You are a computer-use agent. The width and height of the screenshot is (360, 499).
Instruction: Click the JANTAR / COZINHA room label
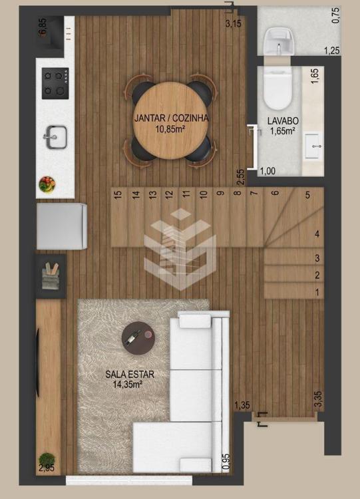point(171,118)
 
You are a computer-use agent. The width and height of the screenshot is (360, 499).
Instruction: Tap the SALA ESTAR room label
point(130,374)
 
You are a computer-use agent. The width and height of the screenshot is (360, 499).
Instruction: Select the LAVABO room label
point(283,121)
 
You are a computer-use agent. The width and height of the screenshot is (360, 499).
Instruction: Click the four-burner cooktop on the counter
point(55,83)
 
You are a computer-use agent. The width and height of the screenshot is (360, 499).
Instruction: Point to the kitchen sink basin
point(56,137)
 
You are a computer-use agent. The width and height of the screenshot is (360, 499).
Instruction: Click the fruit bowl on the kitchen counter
point(47,184)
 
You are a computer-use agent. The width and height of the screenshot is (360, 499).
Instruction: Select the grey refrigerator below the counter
point(62,226)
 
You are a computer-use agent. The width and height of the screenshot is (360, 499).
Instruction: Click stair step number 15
point(119,217)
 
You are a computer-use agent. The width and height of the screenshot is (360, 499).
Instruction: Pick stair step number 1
point(294,291)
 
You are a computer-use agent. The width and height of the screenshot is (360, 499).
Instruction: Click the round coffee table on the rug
point(138,337)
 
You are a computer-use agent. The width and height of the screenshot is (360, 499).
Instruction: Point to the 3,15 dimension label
point(234,23)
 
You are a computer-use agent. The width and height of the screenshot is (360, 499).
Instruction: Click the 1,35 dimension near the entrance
point(242,405)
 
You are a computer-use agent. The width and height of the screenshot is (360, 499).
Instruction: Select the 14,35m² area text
point(127,384)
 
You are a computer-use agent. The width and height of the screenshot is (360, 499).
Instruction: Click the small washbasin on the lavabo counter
point(313,146)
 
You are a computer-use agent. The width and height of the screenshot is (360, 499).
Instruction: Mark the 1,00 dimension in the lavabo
point(268,171)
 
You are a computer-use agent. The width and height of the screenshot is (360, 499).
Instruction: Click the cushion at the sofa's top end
point(195,321)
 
